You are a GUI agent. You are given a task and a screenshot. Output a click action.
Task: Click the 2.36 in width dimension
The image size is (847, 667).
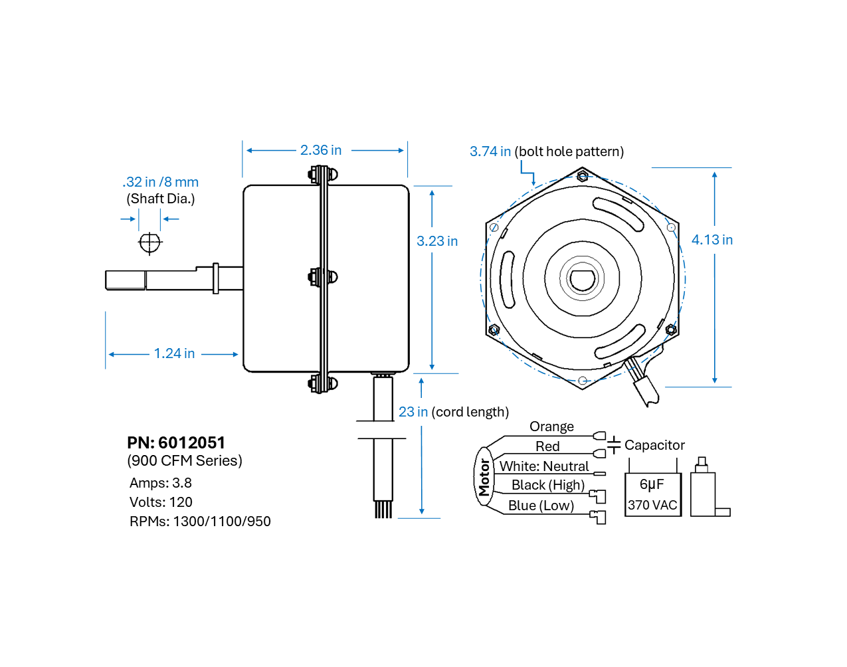[x=320, y=150]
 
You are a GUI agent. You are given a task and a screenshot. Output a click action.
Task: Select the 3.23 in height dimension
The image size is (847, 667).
[x=436, y=241]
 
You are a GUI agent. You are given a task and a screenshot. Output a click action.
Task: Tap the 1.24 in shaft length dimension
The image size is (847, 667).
[x=174, y=353]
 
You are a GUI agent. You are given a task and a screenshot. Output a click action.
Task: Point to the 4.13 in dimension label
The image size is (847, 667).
[x=711, y=240]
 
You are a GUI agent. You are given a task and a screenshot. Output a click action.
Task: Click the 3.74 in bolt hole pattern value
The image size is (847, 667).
[x=490, y=151]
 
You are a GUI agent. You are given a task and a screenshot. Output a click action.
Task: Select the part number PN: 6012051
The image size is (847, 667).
[x=176, y=442]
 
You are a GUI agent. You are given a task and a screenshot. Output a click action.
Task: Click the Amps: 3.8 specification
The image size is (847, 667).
[x=160, y=483]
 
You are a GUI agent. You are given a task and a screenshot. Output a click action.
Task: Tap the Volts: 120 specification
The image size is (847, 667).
[x=161, y=502]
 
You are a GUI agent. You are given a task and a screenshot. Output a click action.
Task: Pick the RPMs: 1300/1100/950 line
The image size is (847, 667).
[x=200, y=522]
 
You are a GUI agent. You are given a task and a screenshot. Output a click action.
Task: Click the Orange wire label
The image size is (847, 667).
[x=551, y=427]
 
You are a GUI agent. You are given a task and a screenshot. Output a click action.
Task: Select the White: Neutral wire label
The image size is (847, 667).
[x=544, y=466]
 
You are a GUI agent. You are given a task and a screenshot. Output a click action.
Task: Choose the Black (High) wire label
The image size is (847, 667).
[x=547, y=485]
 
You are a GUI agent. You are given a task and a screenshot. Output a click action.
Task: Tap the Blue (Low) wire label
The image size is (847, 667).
[x=541, y=506]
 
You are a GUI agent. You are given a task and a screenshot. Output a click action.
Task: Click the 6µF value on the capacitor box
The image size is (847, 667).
[x=651, y=484]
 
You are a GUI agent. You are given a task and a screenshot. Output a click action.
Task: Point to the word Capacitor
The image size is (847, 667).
[x=654, y=445]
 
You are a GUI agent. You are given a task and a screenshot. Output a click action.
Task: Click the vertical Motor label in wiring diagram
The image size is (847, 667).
[x=484, y=477]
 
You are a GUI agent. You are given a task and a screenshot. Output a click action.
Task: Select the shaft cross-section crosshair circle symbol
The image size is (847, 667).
[x=150, y=242]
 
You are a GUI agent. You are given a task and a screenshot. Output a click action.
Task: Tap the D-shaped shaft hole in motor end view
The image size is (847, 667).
[x=583, y=278]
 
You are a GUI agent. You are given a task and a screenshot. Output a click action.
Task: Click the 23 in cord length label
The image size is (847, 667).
[x=413, y=412]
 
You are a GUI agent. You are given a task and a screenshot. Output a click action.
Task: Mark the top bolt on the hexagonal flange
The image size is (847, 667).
[x=583, y=176]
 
